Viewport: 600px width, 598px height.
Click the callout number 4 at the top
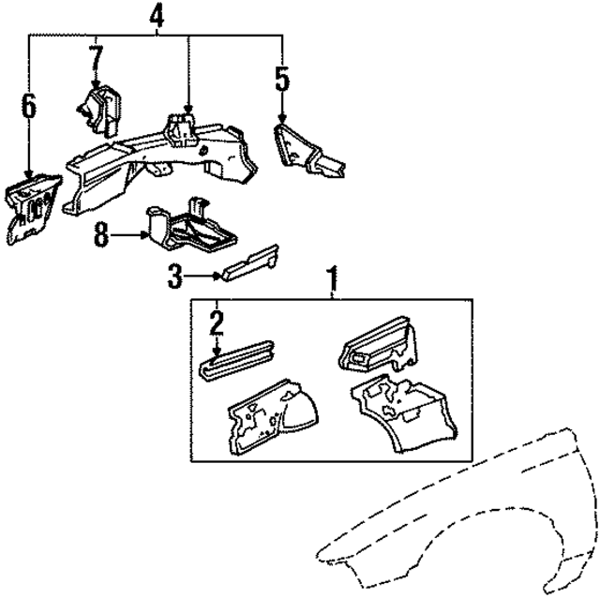[x=157, y=15]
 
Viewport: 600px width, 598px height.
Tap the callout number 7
[x=95, y=58]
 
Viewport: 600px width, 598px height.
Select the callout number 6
[x=29, y=105]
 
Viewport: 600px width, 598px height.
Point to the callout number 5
[x=282, y=78]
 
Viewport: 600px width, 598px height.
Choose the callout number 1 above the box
[x=330, y=278]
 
